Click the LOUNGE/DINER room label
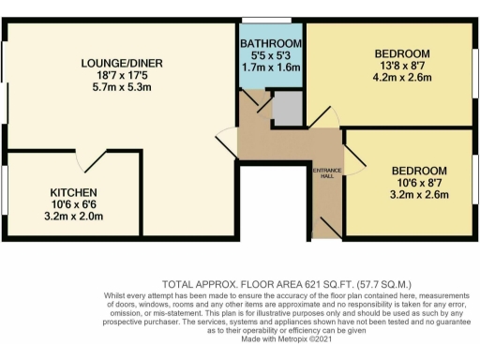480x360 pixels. pyautogui.click(x=117, y=63)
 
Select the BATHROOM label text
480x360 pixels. pyautogui.click(x=271, y=44)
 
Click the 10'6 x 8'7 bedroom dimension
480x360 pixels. pyautogui.click(x=419, y=183)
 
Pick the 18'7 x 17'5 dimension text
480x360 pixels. pyautogui.click(x=117, y=76)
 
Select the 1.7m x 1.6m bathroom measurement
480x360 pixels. pyautogui.click(x=271, y=68)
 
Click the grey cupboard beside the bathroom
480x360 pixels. pyautogui.click(x=286, y=110)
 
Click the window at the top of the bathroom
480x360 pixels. pyautogui.click(x=266, y=21)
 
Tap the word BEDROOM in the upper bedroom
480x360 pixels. pyautogui.click(x=401, y=53)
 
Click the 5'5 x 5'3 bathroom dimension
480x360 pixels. pyautogui.click(x=271, y=56)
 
